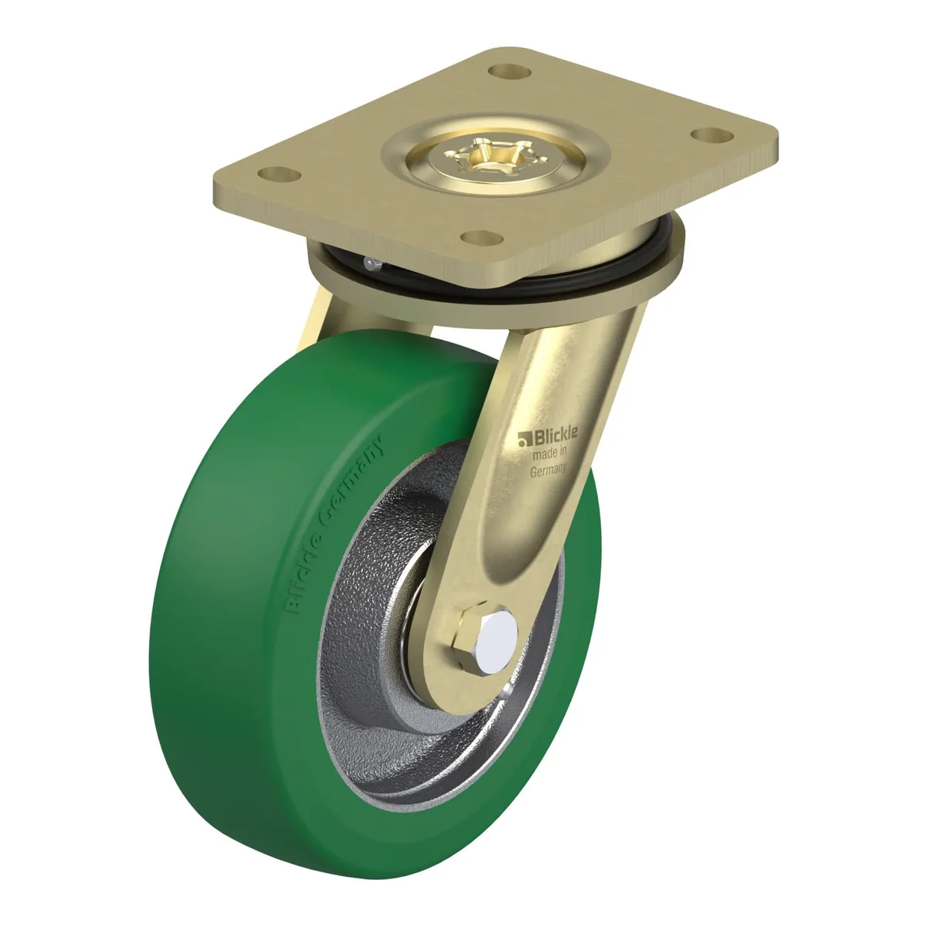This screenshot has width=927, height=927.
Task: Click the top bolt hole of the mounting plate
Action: click(x=509, y=72)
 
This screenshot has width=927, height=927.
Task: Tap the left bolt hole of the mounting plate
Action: click(x=279, y=175)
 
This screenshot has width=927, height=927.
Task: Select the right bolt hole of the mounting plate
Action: click(x=712, y=134)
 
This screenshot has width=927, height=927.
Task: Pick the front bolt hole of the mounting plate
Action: click(x=481, y=238)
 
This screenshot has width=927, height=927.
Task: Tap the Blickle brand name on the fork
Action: click(x=554, y=434)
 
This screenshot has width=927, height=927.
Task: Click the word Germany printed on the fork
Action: click(x=548, y=469)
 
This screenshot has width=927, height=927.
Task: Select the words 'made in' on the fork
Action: click(x=550, y=452)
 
